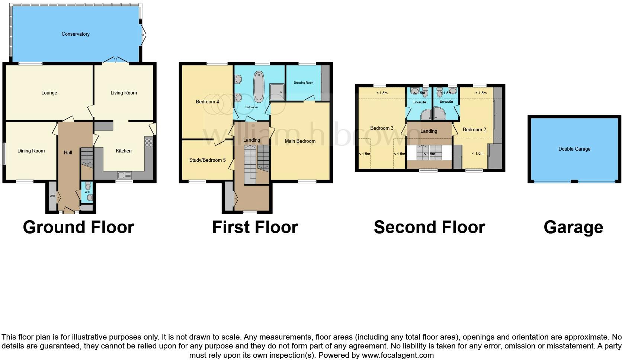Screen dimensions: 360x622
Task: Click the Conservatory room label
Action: (x=76, y=34)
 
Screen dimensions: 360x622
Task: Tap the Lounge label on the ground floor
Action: (x=49, y=93)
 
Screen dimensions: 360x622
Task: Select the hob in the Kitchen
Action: (x=148, y=143)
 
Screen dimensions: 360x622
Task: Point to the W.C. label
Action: (x=87, y=192)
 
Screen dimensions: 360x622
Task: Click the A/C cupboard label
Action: (x=52, y=196)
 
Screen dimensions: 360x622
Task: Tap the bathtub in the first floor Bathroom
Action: (x=258, y=87)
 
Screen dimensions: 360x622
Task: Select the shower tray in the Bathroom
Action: (x=276, y=91)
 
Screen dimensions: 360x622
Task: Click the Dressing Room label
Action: (x=304, y=83)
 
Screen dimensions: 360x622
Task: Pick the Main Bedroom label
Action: (x=300, y=141)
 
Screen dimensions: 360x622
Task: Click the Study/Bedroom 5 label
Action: (x=207, y=160)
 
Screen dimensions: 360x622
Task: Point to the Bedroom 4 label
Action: (x=207, y=102)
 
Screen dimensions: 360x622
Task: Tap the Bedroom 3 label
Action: (x=382, y=128)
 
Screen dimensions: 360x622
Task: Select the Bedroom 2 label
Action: (x=474, y=130)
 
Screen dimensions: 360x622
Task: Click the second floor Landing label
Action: (x=429, y=131)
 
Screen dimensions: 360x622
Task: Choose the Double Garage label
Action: (x=574, y=149)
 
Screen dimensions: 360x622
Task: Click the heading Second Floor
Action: (x=429, y=227)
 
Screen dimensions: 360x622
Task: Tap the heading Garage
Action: (x=573, y=227)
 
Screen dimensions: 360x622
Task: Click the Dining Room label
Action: (x=31, y=151)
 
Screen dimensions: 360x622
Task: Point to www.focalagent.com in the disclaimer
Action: (x=398, y=355)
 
